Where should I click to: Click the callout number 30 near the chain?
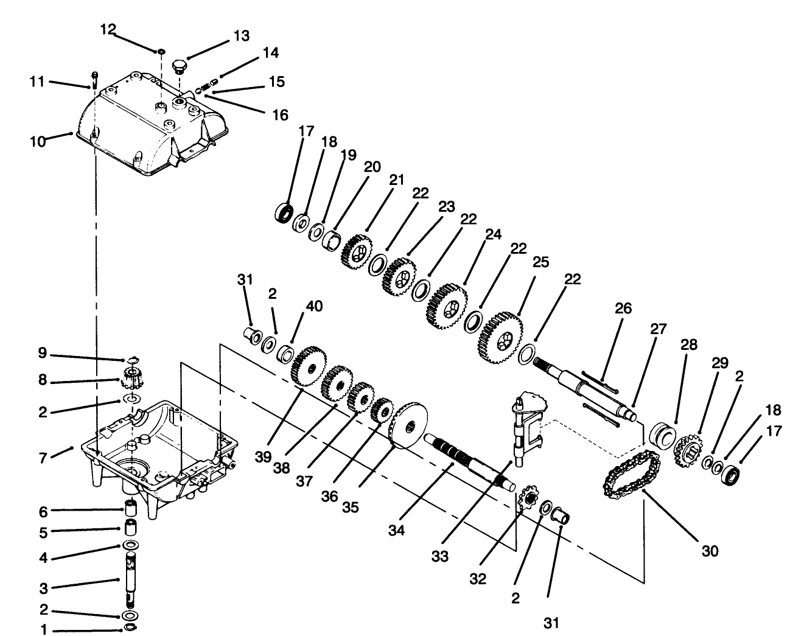(709, 551)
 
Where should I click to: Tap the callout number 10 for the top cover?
(37, 141)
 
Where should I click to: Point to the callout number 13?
(241, 37)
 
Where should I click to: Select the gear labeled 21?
(357, 250)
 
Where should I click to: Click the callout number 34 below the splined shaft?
(396, 531)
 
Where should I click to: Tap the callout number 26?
(623, 309)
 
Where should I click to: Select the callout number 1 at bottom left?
(43, 631)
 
